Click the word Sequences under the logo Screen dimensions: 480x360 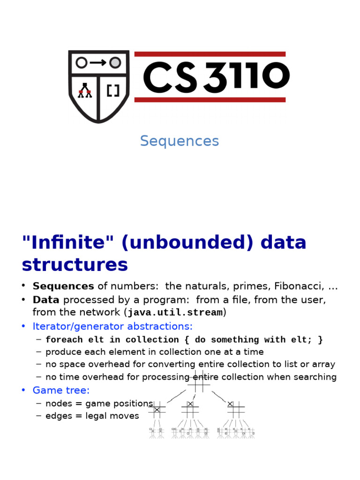[179, 141]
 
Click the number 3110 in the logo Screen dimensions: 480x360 [247, 77]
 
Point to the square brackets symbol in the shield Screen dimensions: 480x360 [113, 90]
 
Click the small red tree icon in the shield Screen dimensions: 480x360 [85, 90]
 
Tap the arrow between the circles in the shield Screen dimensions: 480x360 [98, 63]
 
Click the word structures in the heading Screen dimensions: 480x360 [75, 265]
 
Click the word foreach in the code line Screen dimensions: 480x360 [64, 340]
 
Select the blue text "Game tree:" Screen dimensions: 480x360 [61, 390]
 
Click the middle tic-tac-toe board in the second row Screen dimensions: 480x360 [190, 409]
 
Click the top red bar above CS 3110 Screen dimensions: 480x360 [210, 54]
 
